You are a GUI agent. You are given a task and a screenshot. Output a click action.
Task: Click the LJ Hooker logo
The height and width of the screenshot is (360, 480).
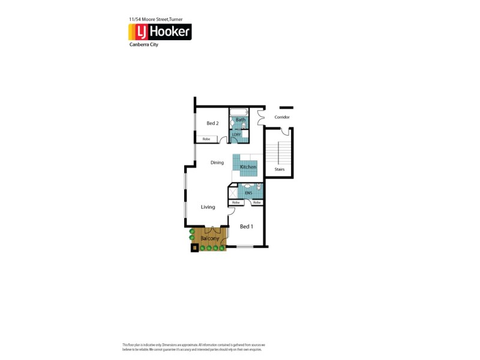click(160, 32)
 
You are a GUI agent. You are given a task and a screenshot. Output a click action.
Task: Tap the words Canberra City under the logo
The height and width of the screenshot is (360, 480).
click(144, 44)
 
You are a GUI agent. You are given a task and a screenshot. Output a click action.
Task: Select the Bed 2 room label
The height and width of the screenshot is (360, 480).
click(212, 123)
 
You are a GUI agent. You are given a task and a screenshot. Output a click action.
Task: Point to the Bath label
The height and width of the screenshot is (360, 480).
click(240, 120)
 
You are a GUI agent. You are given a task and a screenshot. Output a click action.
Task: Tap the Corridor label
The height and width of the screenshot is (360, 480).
click(282, 117)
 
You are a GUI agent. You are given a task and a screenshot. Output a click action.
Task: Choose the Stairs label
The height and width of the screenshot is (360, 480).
click(280, 169)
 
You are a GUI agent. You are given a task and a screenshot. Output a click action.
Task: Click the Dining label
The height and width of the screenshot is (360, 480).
click(217, 163)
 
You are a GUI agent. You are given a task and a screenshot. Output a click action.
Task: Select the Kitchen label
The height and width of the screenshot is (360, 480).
click(248, 167)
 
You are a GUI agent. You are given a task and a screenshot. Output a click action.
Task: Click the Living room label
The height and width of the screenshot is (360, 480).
click(208, 207)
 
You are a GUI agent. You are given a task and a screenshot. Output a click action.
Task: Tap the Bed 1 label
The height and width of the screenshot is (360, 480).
click(246, 226)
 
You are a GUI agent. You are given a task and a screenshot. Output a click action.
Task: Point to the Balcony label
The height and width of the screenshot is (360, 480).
click(209, 238)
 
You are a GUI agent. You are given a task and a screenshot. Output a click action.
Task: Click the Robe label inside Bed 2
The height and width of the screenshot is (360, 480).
click(206, 139)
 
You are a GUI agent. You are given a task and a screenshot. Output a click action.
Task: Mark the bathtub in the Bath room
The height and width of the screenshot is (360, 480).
click(238, 112)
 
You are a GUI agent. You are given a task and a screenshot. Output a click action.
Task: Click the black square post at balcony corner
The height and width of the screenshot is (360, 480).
click(194, 248)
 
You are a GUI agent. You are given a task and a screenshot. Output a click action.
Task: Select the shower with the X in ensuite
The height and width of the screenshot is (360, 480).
click(232, 193)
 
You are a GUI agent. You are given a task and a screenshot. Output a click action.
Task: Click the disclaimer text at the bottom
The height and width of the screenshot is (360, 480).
click(193, 347)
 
